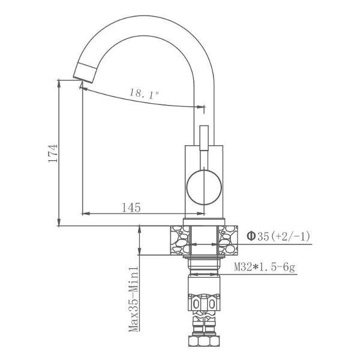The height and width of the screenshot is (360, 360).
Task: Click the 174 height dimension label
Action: coord(53,154)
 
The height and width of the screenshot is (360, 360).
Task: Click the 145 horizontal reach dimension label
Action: coord(131,208)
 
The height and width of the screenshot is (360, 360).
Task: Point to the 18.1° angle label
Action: coord(144,94)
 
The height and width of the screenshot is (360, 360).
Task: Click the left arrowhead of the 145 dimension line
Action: coord(84,214)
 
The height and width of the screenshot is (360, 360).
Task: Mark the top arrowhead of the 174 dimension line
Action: coord(60,83)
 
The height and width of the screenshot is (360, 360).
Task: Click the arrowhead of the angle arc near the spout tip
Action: coord(83,88)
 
